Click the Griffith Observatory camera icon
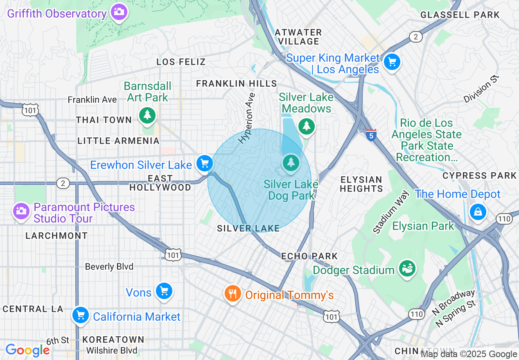(119, 12)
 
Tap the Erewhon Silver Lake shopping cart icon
(204, 164)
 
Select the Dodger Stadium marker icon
(407, 269)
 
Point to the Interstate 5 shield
(371, 135)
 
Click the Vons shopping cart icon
(164, 291)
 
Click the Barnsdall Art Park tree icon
(147, 115)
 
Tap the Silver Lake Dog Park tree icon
(291, 163)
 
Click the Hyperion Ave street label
(247, 118)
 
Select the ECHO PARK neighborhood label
(309, 256)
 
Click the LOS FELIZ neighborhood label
(181, 62)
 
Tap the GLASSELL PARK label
(460, 15)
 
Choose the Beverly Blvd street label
(109, 267)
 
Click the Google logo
(27, 350)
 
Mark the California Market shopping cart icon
(81, 315)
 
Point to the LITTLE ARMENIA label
(118, 141)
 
